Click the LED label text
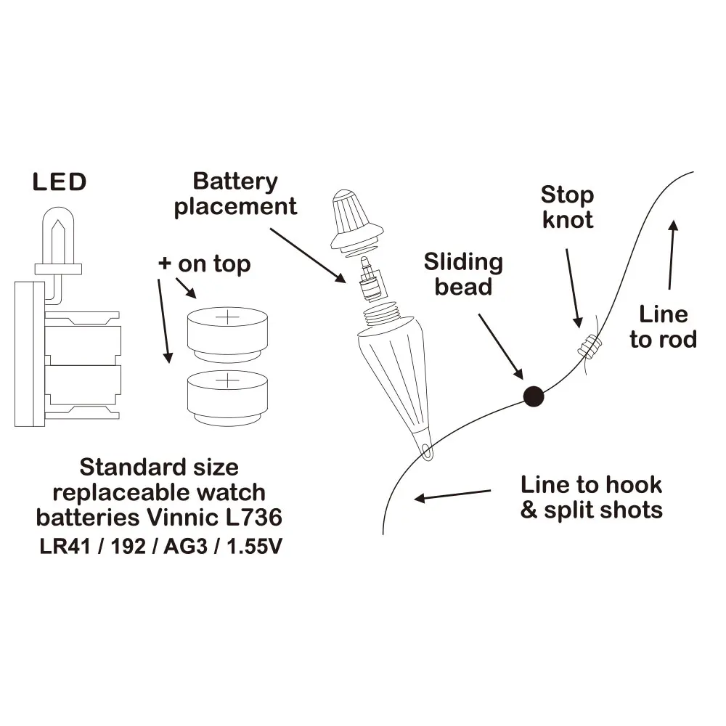pyautogui.click(x=60, y=182)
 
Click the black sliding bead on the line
pyautogui.click(x=534, y=395)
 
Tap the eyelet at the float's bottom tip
pyautogui.click(x=426, y=454)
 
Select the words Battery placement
pyautogui.click(x=235, y=194)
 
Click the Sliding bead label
pyautogui.click(x=463, y=274)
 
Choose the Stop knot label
pyautogui.click(x=567, y=207)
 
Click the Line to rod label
pyautogui.click(x=663, y=327)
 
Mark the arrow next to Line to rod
pyautogui.click(x=672, y=254)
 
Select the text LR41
pyautogui.click(x=62, y=545)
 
